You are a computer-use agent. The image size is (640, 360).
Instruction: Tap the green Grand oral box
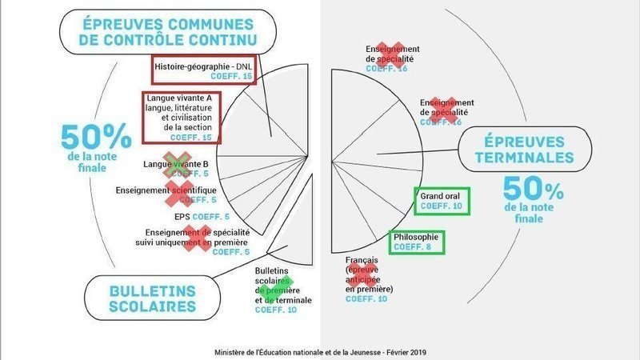(442, 202)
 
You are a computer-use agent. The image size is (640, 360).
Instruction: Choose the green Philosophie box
(416, 242)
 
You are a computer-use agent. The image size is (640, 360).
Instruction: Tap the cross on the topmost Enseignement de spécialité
(390, 53)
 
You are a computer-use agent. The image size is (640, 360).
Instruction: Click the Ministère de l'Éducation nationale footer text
(320, 351)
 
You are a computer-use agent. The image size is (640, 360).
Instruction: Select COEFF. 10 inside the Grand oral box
(442, 207)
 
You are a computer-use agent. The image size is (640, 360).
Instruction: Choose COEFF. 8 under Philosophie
(417, 247)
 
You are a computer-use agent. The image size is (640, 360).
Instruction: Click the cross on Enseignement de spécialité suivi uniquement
(194, 238)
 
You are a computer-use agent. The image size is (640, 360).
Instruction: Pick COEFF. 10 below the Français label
(366, 298)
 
